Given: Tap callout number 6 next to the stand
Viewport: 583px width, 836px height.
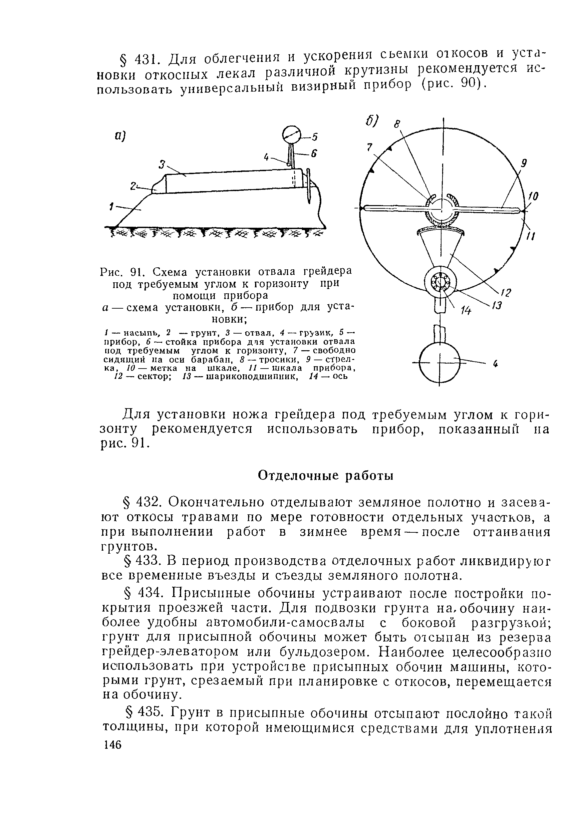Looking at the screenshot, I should point(314,154).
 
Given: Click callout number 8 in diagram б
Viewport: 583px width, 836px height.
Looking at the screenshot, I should point(397,125).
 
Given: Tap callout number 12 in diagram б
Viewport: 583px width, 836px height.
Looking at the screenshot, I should point(506,292).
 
